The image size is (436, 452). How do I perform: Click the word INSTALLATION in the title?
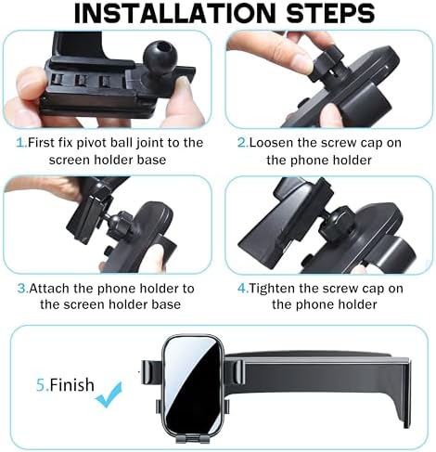pyautogui.click(x=174, y=14)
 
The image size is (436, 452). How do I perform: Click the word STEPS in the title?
pyautogui.click(x=331, y=14)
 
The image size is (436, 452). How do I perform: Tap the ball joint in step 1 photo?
pyautogui.click(x=160, y=57)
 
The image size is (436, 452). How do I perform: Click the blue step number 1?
pyautogui.click(x=21, y=143)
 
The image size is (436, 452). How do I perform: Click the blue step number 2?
pyautogui.click(x=243, y=143)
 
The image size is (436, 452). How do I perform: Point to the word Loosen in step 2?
pyautogui.click(x=272, y=143)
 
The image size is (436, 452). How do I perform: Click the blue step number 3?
pyautogui.click(x=23, y=289)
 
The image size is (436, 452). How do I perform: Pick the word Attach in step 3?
pyautogui.click(x=49, y=289)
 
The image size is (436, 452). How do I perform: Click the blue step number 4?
pyautogui.click(x=243, y=289)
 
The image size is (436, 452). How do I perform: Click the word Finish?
pyautogui.click(x=71, y=385)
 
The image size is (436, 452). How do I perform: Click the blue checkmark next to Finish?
pyautogui.click(x=109, y=394)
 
